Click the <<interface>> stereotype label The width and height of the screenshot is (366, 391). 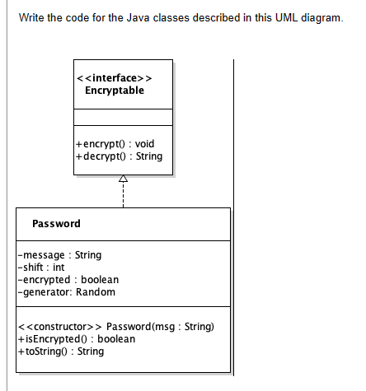(115, 77)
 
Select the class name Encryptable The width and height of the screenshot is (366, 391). (115, 90)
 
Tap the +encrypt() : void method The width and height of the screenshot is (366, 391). (115, 144)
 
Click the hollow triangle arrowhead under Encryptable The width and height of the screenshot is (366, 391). (123, 179)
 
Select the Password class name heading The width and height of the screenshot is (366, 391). (56, 224)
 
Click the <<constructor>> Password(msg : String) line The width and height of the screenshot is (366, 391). (115, 327)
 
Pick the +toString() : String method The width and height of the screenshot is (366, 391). (60, 351)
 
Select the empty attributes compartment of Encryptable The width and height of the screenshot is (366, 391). (123, 117)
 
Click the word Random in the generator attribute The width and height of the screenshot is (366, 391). (97, 291)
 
